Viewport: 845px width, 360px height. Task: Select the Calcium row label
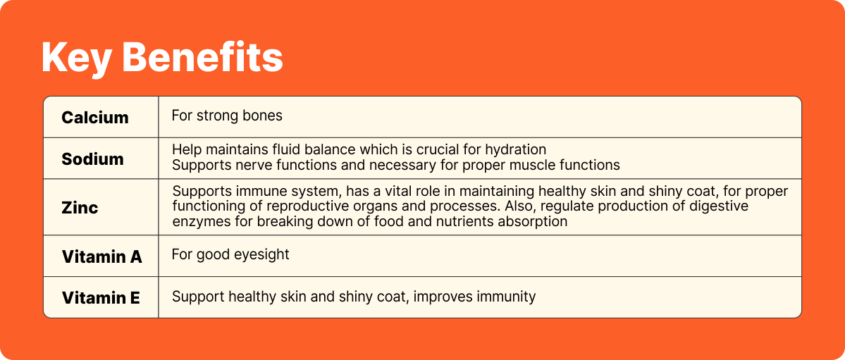click(x=95, y=118)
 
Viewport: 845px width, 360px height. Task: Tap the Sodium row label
click(x=93, y=159)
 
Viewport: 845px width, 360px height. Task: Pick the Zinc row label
click(x=80, y=207)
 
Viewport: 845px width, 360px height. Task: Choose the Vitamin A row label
click(x=102, y=257)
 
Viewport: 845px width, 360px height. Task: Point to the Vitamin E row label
click(x=101, y=297)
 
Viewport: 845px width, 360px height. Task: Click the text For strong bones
click(x=227, y=116)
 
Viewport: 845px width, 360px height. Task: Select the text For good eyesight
click(x=230, y=254)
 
